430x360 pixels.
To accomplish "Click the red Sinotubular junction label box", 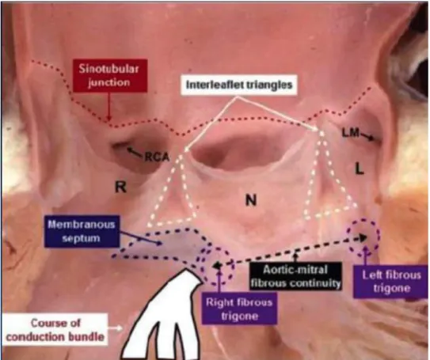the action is [110, 75].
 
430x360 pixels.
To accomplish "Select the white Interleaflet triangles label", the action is [239, 85].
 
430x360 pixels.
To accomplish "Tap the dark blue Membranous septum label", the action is [82, 232].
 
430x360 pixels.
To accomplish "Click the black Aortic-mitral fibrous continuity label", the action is [295, 276].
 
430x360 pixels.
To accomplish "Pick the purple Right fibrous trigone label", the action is [239, 309].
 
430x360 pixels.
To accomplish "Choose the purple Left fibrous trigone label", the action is [391, 282].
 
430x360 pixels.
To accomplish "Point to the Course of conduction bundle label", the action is [55, 330].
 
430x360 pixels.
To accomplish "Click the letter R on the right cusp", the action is [120, 188].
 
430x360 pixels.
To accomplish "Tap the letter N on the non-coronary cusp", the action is [251, 199].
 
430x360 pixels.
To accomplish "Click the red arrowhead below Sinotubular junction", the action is [108, 118].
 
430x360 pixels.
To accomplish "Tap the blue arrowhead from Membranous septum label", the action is [159, 243].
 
